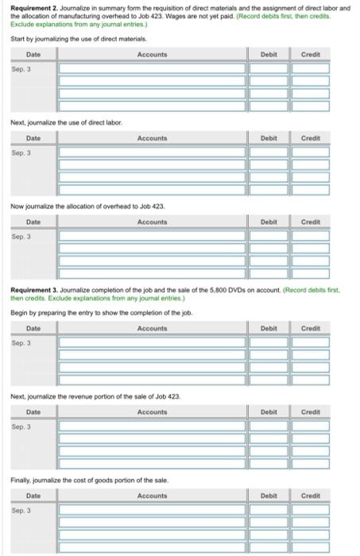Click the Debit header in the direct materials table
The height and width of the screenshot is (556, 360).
click(269, 55)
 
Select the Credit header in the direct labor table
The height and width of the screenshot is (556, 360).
click(310, 137)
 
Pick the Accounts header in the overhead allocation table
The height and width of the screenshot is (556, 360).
click(152, 222)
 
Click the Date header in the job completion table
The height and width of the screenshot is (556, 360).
click(33, 328)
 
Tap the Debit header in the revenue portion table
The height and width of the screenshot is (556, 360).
click(269, 412)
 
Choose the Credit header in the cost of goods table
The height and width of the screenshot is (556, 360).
click(310, 496)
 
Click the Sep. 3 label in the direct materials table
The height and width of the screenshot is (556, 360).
click(21, 69)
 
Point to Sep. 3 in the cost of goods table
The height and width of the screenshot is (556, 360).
click(21, 510)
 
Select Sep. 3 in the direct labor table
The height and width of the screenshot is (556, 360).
click(21, 152)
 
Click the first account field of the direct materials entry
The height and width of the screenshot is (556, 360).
click(152, 69)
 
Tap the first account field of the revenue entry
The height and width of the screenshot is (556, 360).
click(152, 427)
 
